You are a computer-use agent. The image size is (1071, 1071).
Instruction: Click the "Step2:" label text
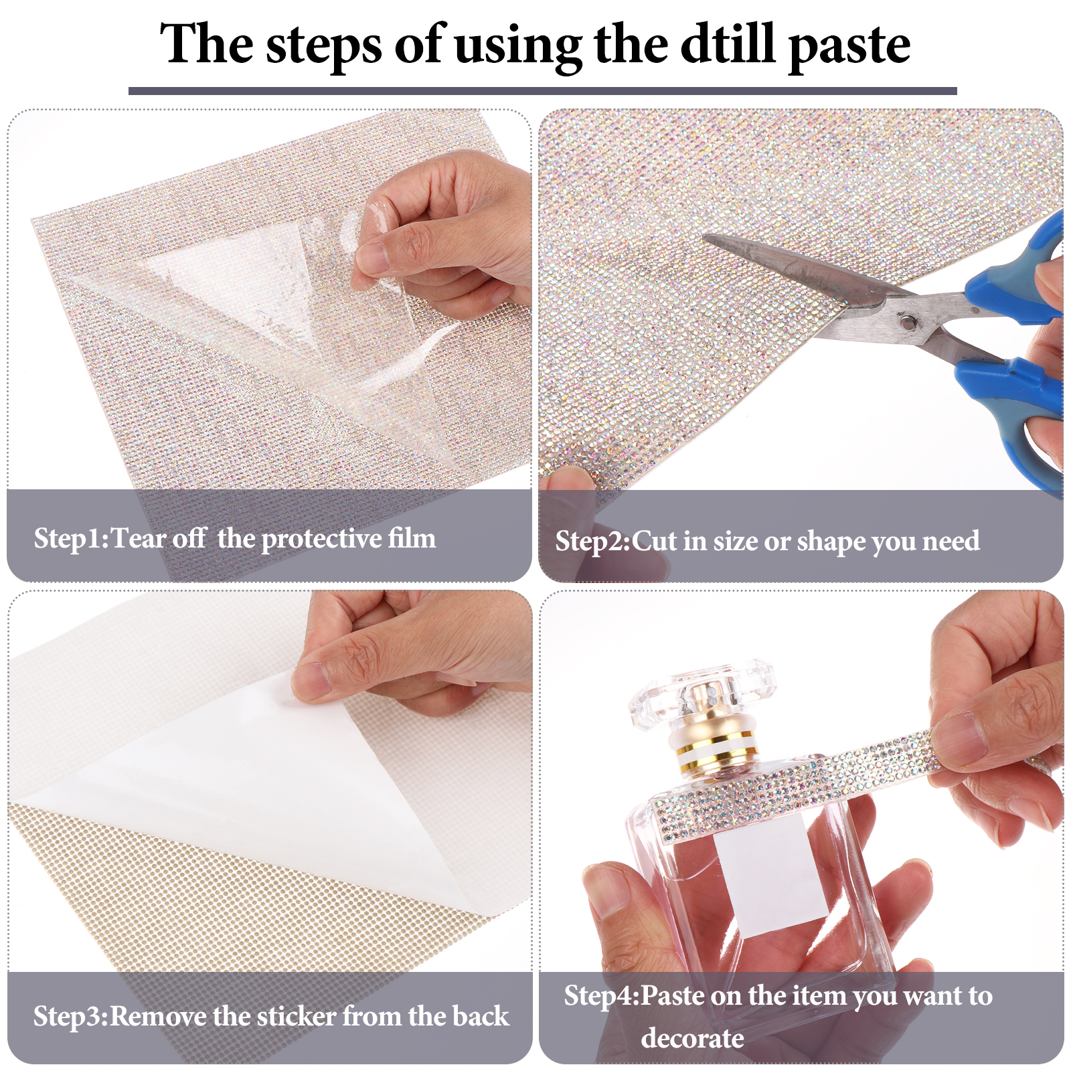pos(593,542)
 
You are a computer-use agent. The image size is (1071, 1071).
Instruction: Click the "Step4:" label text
pos(602,996)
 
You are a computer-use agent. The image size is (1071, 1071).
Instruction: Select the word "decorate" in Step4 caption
pos(692,1038)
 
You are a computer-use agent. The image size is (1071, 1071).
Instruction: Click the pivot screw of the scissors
pos(906,323)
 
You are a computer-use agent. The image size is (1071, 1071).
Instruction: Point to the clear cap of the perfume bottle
pos(702,693)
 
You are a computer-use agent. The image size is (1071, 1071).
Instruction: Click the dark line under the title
pos(543,91)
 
